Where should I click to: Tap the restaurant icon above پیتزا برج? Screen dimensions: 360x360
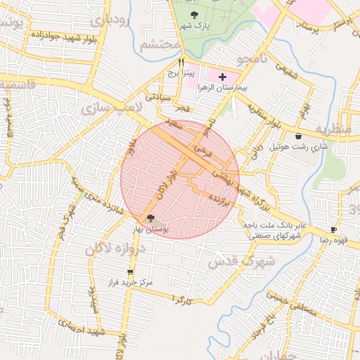[x=181, y=61]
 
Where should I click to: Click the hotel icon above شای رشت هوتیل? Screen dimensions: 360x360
[x=299, y=136]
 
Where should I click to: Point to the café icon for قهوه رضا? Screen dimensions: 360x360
[x=334, y=229]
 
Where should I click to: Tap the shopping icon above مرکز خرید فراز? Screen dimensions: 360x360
[x=129, y=271]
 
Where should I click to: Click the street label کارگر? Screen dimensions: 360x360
[x=182, y=300]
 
